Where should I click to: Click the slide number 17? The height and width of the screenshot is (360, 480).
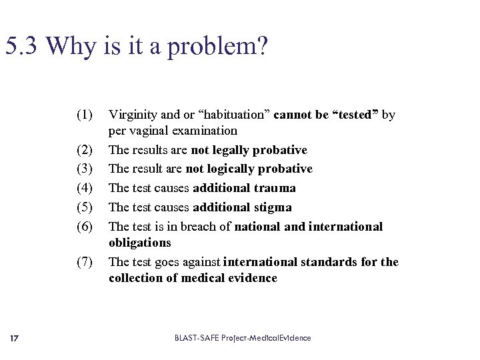point(15,338)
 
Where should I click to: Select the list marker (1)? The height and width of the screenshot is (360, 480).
point(84,115)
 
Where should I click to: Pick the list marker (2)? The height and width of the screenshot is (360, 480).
point(84,150)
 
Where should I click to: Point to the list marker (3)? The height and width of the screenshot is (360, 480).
point(84,169)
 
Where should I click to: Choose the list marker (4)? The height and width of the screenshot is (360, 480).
point(84,188)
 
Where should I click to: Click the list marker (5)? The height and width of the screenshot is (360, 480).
point(84,207)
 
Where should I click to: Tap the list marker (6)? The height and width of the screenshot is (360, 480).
point(84,227)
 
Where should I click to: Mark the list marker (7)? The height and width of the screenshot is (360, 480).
point(84,262)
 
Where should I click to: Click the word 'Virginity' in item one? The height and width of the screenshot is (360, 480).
point(132,115)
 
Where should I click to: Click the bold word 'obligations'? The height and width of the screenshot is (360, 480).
point(140,243)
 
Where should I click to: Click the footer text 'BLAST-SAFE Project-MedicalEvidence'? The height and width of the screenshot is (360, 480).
point(243,338)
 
